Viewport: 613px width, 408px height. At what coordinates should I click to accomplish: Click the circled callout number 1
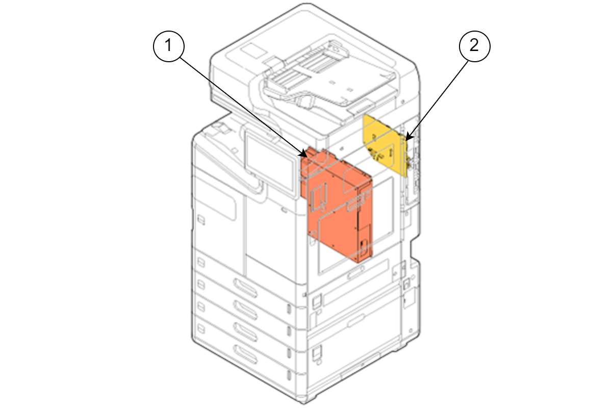click(169, 46)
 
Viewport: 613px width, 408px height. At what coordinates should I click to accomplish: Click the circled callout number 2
click(474, 46)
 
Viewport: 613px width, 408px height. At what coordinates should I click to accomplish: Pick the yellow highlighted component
click(386, 145)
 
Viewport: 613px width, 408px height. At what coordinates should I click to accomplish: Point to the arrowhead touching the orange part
click(303, 154)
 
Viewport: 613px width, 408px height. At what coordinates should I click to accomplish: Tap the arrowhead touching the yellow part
click(408, 137)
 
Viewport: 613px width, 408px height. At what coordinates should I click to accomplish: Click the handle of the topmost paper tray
click(245, 288)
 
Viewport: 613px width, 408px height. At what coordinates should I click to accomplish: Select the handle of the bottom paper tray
click(245, 354)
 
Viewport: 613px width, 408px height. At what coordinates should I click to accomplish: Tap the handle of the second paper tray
click(245, 310)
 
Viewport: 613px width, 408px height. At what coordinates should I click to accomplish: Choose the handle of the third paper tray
click(245, 332)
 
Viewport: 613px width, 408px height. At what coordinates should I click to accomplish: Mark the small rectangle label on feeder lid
click(253, 52)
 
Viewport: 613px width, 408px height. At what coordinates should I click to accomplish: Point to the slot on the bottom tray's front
click(289, 375)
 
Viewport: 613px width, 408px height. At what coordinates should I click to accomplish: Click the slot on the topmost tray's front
click(289, 309)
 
